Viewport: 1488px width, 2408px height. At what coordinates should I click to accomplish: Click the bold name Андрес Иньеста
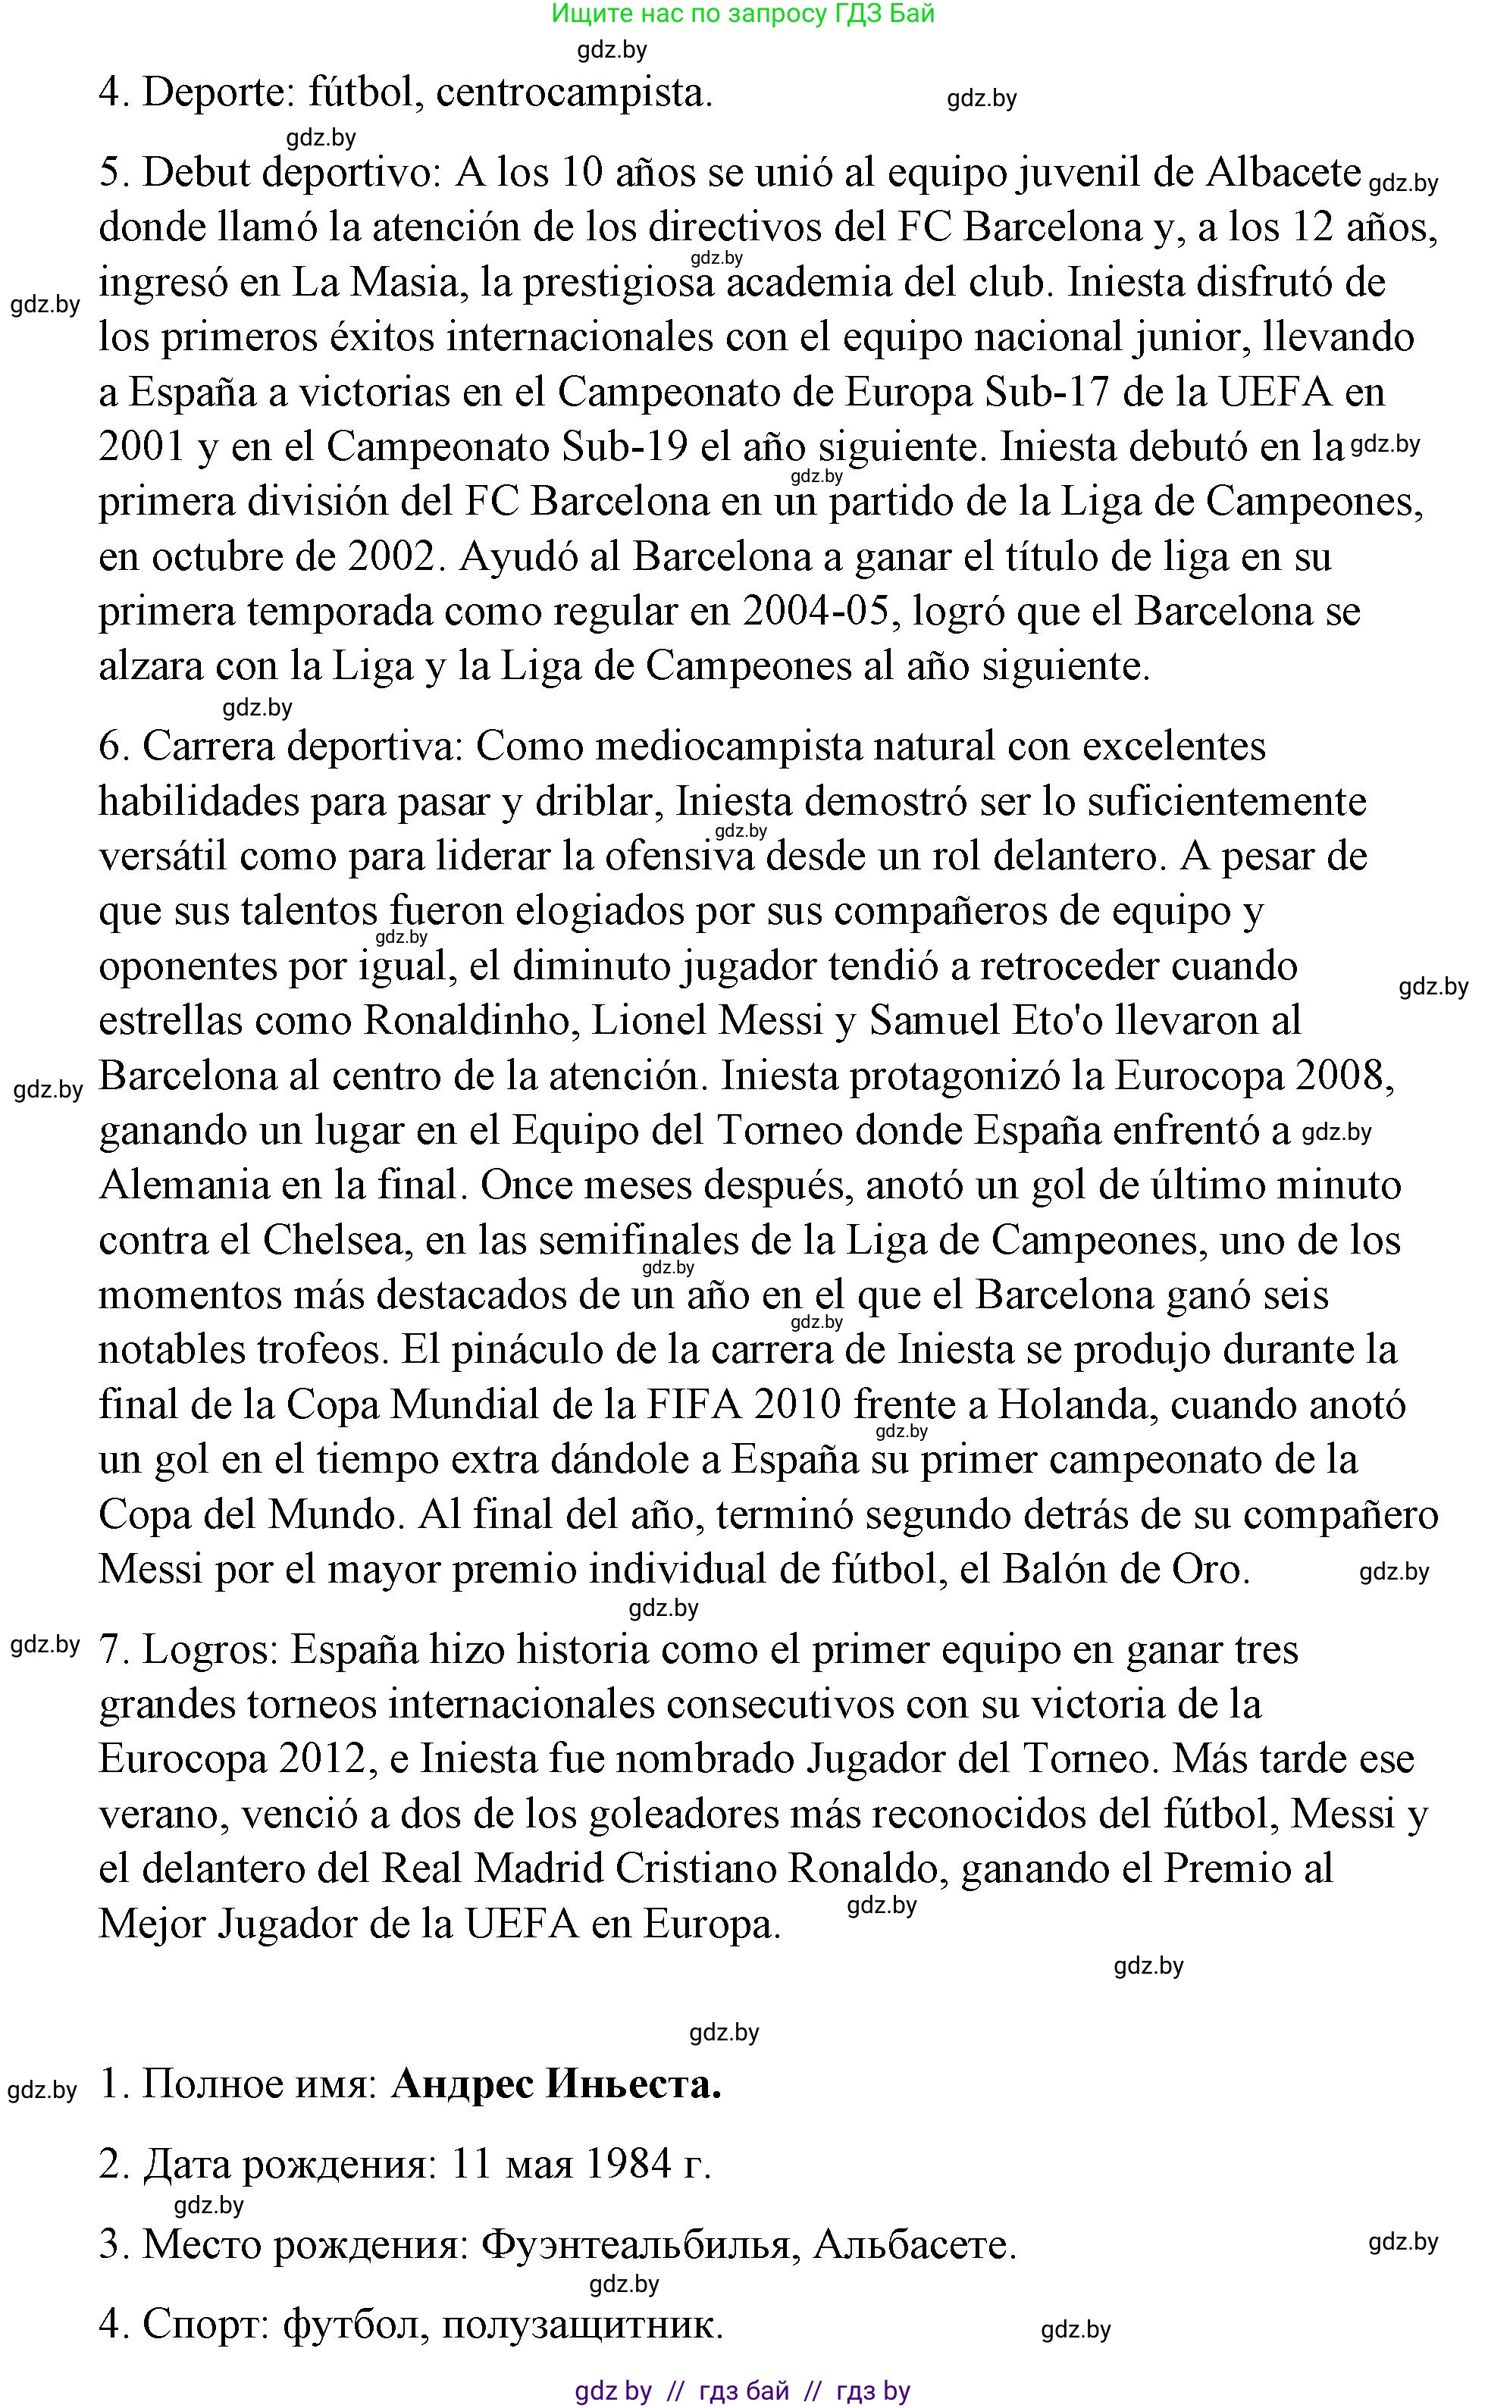coord(556,2084)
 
